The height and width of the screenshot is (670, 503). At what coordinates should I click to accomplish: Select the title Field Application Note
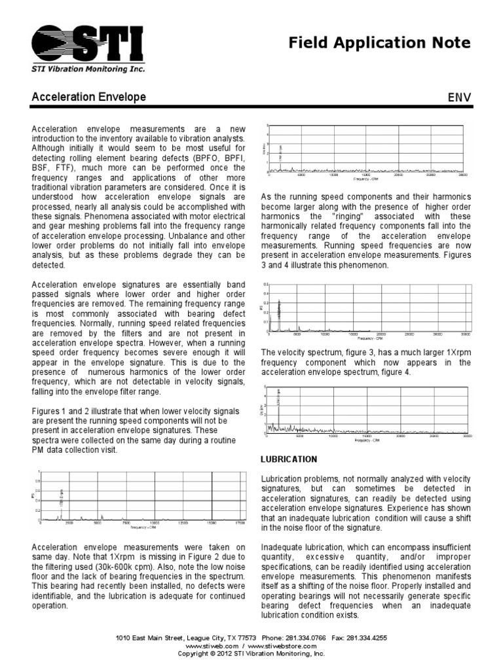point(380,43)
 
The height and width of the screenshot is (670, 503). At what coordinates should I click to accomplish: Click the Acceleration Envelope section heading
point(89,97)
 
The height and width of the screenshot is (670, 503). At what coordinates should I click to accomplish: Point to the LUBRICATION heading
point(289,459)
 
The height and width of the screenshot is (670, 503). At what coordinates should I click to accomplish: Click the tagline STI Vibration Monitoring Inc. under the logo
point(89,69)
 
